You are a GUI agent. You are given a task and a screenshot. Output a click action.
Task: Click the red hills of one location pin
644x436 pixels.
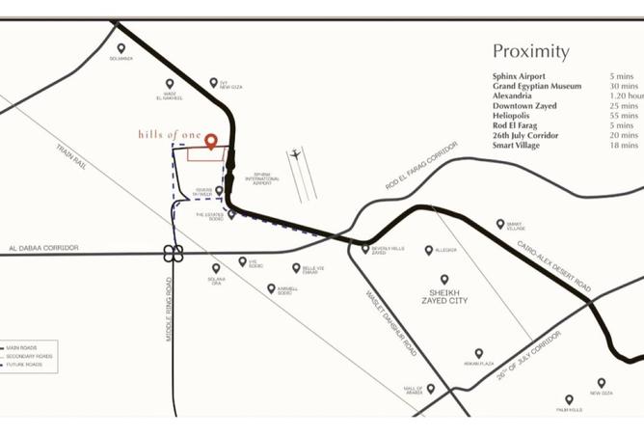click(210, 141)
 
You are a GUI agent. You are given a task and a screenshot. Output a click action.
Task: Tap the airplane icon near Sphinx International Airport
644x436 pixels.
click(295, 154)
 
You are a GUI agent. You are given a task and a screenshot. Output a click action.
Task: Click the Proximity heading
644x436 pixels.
click(530, 52)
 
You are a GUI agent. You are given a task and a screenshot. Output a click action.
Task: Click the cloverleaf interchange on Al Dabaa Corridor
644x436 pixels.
click(174, 254)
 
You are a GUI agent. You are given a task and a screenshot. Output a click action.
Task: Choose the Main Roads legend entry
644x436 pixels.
click(29, 345)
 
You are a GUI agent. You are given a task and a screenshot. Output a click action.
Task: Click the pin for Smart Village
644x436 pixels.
click(500, 224)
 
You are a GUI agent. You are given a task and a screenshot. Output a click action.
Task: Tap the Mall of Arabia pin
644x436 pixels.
click(430, 388)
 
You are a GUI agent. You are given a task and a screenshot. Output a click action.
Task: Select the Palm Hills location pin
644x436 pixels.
click(569, 398)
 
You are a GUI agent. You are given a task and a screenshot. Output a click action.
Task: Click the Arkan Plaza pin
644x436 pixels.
click(478, 354)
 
